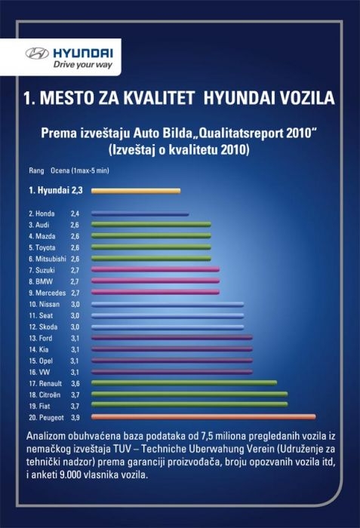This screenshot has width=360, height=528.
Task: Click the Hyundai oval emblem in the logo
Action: (37, 54)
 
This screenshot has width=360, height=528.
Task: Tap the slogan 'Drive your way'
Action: (83, 65)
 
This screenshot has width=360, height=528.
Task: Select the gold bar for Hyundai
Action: (136, 191)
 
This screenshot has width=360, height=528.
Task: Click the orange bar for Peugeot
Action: (204, 417)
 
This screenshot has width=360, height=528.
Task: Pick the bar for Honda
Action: (140, 213)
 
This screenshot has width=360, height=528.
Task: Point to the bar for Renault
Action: (184, 382)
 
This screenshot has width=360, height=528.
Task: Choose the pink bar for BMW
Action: (155, 281)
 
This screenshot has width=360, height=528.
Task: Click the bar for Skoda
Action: (168, 327)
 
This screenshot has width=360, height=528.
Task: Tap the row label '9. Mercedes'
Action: (48, 293)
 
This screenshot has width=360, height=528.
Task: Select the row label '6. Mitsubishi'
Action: (48, 259)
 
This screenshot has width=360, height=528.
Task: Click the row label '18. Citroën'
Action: (45, 394)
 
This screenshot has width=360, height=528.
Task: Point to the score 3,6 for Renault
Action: (75, 383)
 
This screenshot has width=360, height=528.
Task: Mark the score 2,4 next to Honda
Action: (75, 213)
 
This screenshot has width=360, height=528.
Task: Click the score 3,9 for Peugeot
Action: (75, 418)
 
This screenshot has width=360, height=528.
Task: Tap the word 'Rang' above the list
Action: (36, 170)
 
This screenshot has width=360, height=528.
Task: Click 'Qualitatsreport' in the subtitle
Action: (242, 134)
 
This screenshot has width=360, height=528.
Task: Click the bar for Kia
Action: (172, 349)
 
